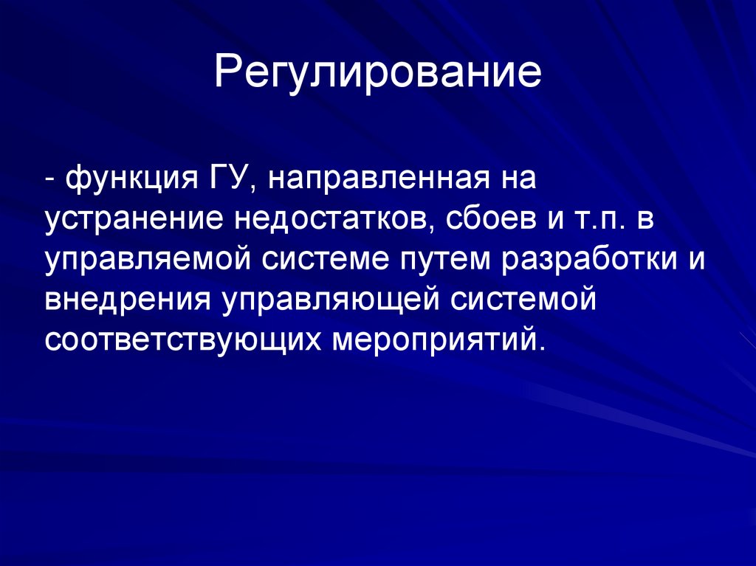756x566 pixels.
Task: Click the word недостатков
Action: point(329,219)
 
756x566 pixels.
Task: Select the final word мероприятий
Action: point(442,340)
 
